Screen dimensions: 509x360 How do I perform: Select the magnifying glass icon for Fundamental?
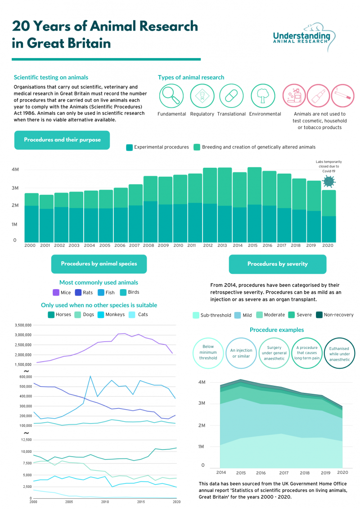coord(171,96)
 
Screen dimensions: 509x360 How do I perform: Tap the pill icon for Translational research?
coord(231,96)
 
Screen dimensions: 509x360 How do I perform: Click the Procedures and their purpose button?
coord(62,140)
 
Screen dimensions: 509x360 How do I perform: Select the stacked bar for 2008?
coord(150,209)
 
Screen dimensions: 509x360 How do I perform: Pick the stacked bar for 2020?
coord(328,216)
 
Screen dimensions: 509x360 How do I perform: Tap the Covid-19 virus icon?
coord(329,181)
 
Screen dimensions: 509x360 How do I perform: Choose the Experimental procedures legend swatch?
coord(130,147)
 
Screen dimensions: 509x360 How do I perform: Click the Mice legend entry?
coord(62,293)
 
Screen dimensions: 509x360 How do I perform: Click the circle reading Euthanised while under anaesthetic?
coord(339,353)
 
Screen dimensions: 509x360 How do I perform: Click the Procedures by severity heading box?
coord(277,264)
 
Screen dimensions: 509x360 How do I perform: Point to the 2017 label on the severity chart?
coord(283,473)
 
